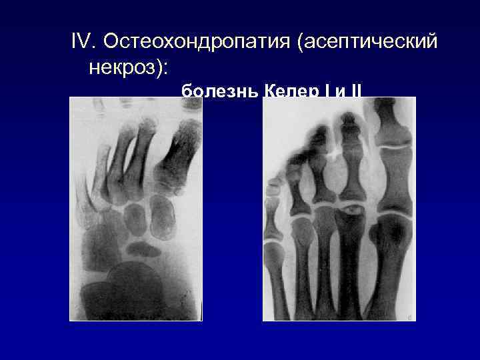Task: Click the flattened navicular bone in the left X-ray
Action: click(143, 249)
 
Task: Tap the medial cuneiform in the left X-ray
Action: click(161, 220)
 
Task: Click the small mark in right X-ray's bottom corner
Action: click(408, 315)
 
